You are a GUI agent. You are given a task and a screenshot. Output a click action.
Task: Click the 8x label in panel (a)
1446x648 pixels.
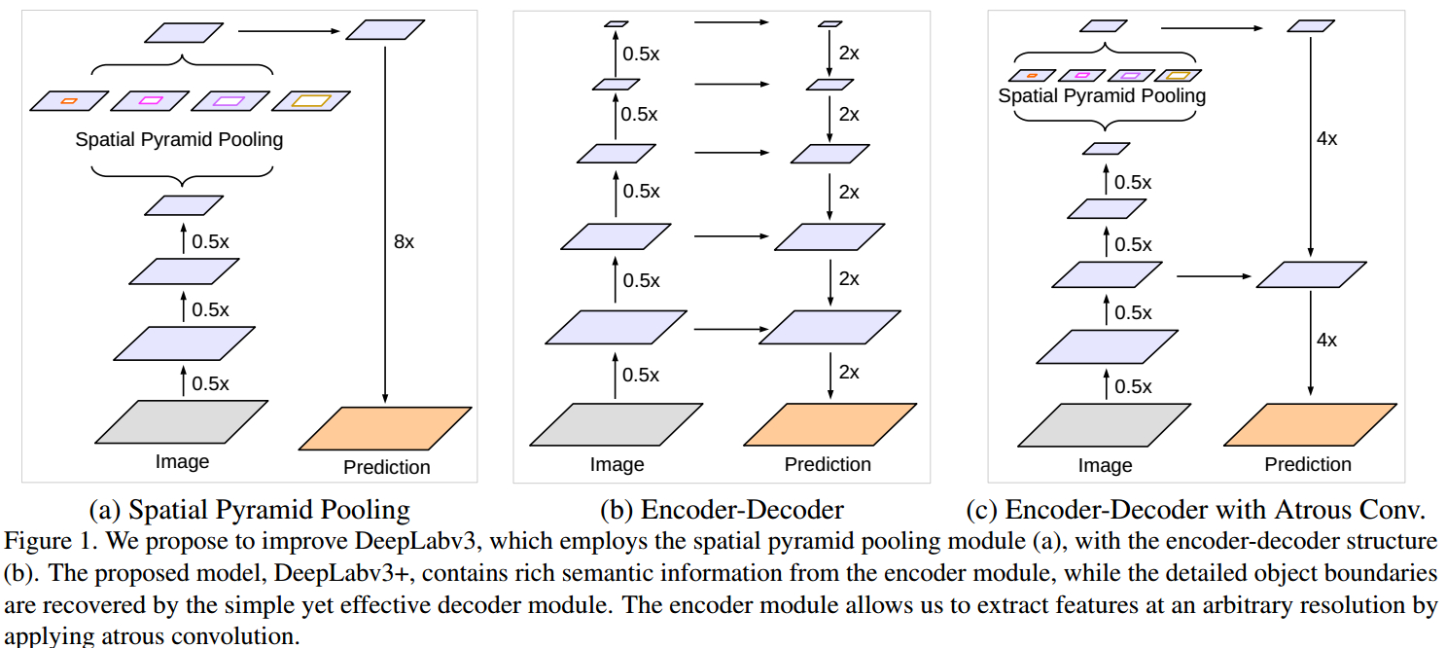pos(404,242)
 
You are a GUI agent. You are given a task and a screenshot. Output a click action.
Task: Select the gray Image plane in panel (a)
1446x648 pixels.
pos(182,421)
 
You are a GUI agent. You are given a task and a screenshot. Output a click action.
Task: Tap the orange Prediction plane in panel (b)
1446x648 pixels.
pos(829,424)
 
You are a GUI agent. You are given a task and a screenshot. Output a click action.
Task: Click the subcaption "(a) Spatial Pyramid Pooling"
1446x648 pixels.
pos(249,510)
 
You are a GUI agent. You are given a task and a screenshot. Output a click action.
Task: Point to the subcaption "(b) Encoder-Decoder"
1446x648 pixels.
pos(722,510)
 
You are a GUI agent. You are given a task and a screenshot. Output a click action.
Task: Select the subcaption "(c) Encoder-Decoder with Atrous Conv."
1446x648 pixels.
pos(1195,510)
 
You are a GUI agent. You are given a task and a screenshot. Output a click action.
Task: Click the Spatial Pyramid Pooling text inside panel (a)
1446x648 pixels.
pos(179,140)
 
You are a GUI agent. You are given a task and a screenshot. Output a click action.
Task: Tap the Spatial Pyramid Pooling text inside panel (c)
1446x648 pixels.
pos(1102,96)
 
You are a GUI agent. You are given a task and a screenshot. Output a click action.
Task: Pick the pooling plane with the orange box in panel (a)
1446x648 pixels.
pos(69,100)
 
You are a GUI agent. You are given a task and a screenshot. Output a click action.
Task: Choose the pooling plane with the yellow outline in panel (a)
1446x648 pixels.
pos(311,100)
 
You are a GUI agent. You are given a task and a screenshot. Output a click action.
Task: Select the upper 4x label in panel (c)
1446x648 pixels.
pos(1326,139)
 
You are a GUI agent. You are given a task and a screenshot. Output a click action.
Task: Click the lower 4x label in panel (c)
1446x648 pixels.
pos(1326,341)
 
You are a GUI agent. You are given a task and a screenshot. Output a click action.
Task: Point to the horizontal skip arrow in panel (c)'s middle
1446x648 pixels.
pos(1213,276)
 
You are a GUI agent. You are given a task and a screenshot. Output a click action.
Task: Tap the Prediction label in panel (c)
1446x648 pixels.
pos(1308,465)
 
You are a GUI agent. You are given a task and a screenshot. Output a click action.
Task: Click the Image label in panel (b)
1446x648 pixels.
pos(617,465)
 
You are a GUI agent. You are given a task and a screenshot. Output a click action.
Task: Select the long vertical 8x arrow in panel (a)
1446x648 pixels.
pos(386,224)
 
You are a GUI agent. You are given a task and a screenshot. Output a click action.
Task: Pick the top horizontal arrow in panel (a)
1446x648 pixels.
pos(290,31)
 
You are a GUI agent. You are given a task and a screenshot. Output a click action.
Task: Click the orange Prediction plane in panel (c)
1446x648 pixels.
pos(1309,424)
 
